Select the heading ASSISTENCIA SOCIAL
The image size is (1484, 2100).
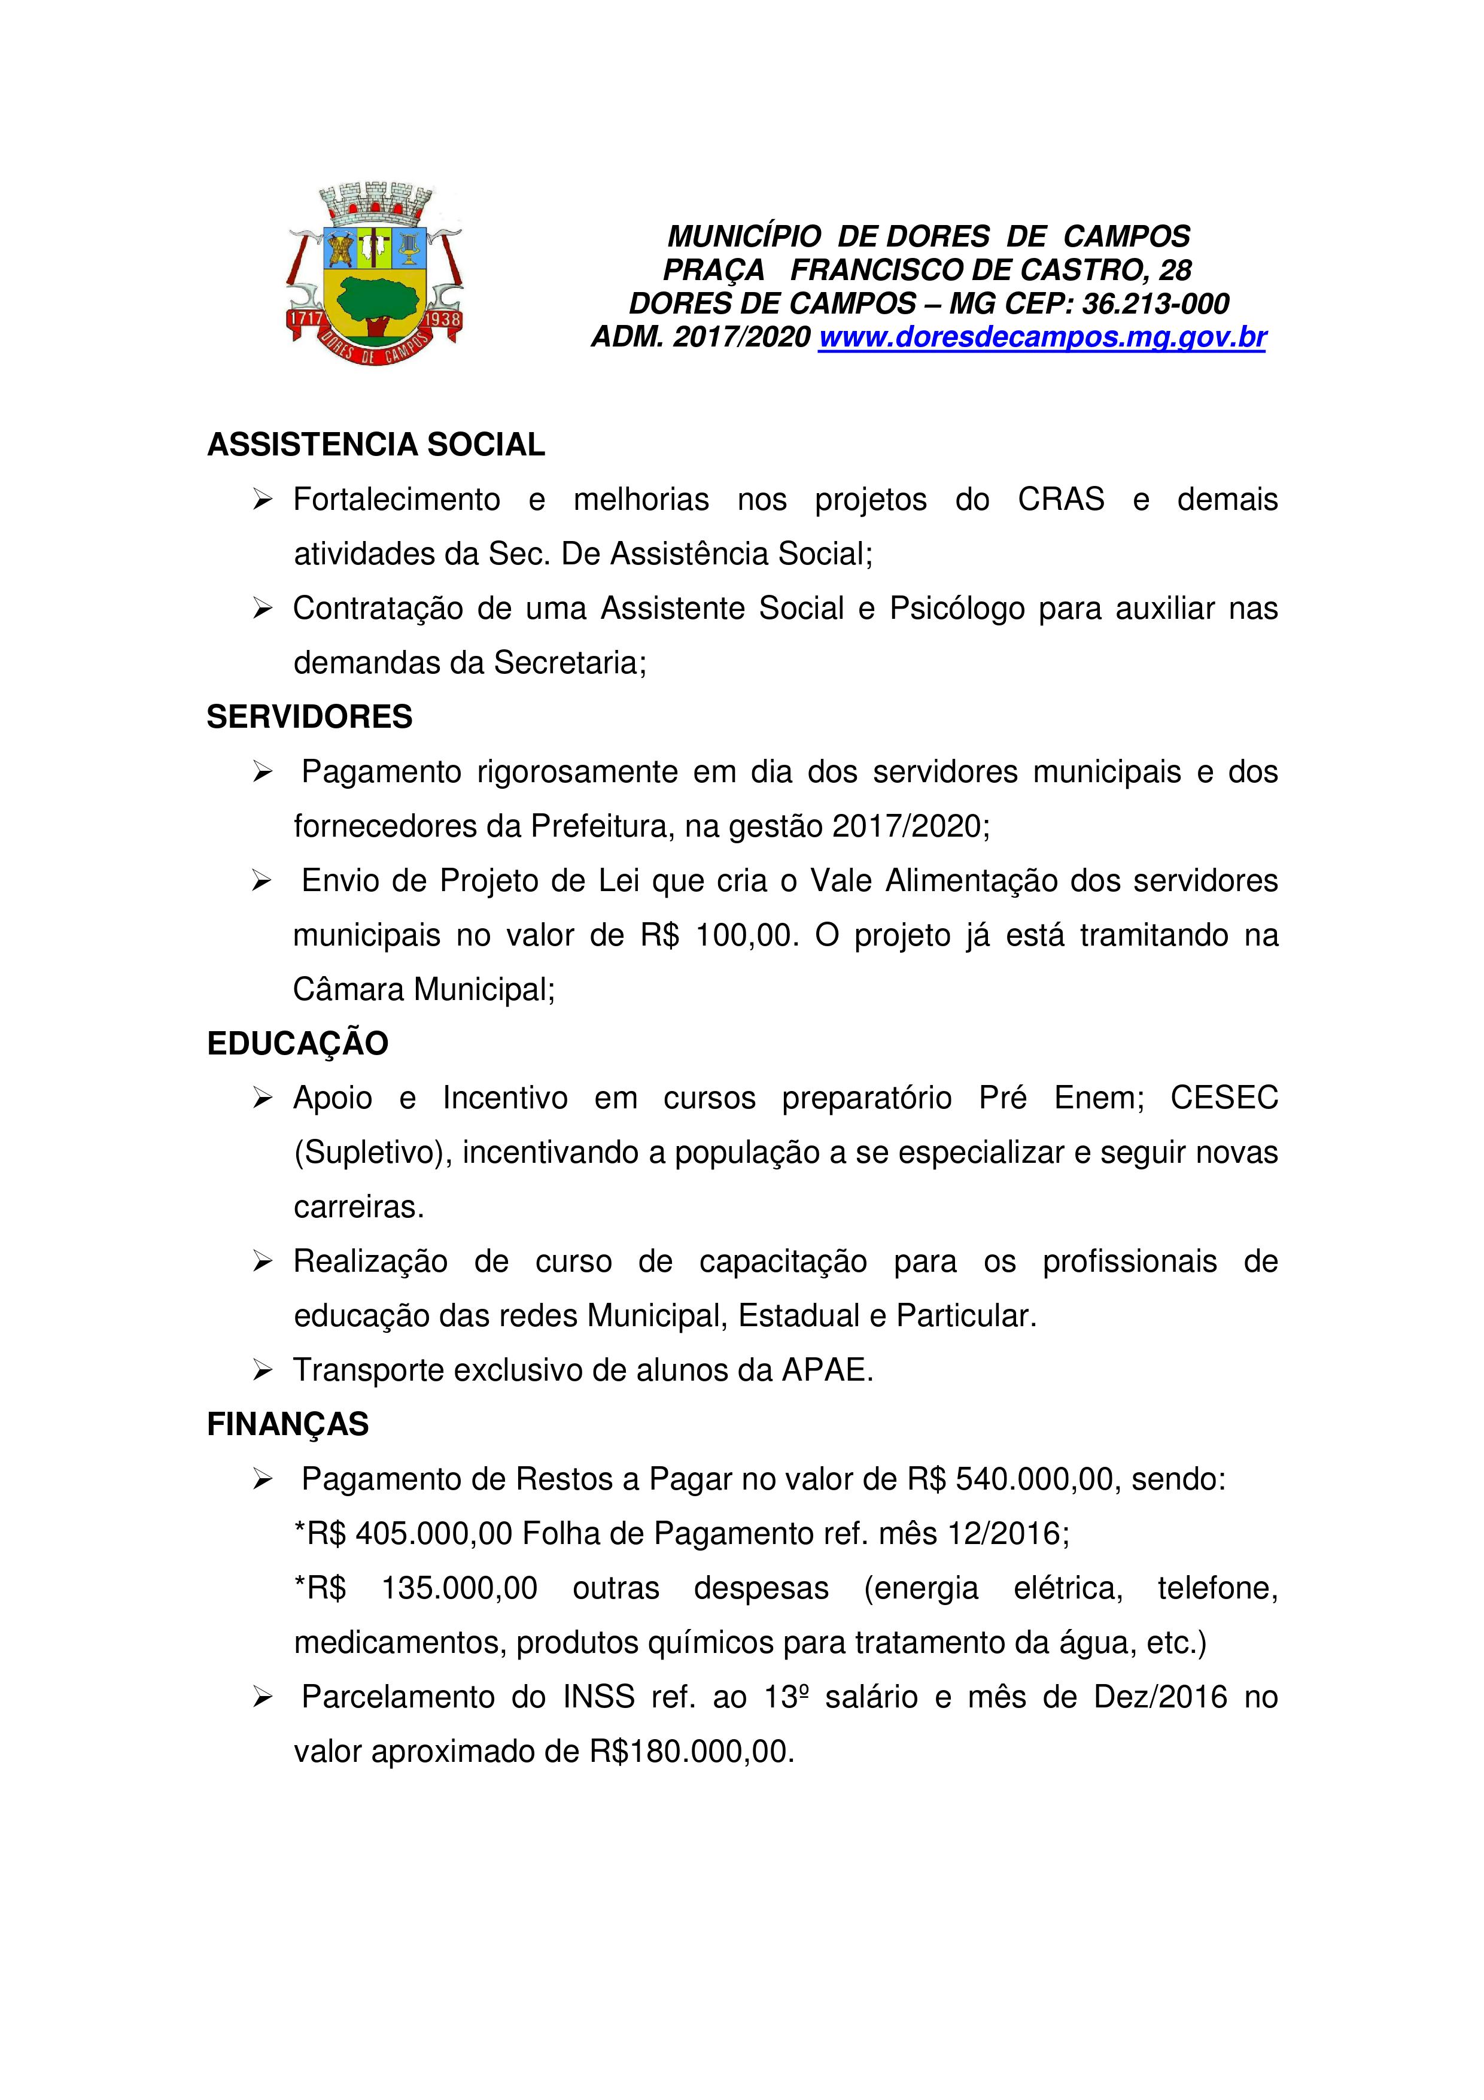[376, 445]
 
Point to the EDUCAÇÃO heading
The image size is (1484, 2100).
[297, 1044]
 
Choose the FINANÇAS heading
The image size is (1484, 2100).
[287, 1424]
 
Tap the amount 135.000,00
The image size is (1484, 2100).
[459, 1588]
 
